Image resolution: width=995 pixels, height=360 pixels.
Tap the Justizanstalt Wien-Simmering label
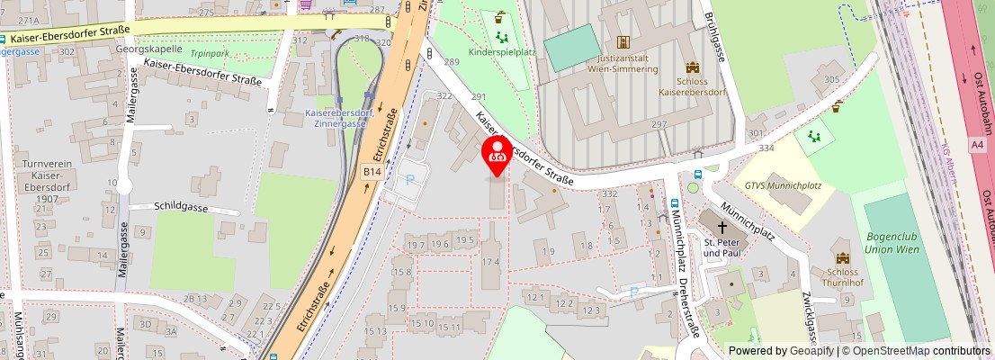623,61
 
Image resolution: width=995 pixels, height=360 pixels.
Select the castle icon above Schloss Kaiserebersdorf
692,67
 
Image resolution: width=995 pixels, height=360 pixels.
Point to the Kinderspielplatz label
502,52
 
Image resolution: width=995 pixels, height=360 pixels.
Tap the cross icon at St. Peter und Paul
722,227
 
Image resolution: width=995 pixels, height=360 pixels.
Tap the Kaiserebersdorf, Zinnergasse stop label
340,118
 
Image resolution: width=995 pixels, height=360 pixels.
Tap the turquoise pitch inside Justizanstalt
572,47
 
